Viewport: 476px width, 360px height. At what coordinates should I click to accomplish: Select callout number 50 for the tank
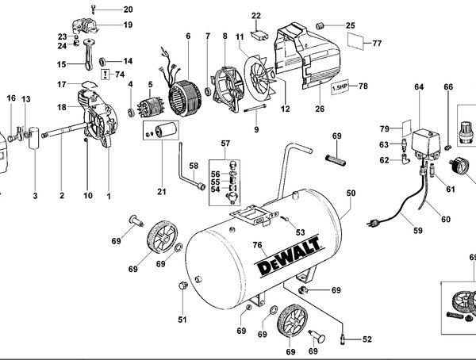pyautogui.click(x=351, y=193)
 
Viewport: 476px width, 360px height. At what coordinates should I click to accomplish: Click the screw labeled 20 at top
pyautogui.click(x=94, y=9)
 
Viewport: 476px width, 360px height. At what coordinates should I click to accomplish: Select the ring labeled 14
pyautogui.click(x=106, y=61)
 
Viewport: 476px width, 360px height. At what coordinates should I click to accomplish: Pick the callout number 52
pyautogui.click(x=367, y=339)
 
